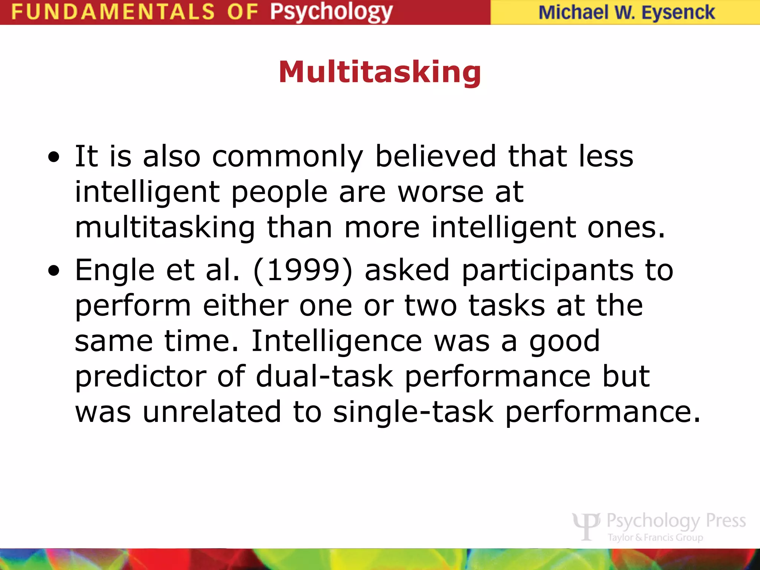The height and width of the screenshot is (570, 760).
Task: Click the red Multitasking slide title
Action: [380, 72]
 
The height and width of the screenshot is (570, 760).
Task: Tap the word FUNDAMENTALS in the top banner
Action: [113, 12]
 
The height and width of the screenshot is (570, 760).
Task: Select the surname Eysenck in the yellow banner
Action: [678, 13]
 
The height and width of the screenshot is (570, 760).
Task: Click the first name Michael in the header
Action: [573, 13]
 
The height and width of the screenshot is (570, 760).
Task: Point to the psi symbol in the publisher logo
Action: [586, 525]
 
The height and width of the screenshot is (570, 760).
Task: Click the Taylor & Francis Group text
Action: [655, 537]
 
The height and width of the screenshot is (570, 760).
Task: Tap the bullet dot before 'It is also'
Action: [54, 157]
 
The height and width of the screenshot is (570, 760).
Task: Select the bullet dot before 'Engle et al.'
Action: [54, 271]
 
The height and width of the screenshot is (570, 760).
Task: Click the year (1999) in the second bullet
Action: [302, 270]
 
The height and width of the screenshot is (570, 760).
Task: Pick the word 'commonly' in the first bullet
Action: [288, 157]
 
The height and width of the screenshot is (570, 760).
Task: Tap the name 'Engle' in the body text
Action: [115, 271]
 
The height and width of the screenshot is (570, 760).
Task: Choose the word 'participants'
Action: [548, 271]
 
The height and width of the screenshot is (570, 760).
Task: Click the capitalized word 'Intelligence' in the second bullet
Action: [337, 341]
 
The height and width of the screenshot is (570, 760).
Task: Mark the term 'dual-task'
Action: [324, 376]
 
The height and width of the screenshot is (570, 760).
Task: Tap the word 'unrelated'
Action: [212, 412]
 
